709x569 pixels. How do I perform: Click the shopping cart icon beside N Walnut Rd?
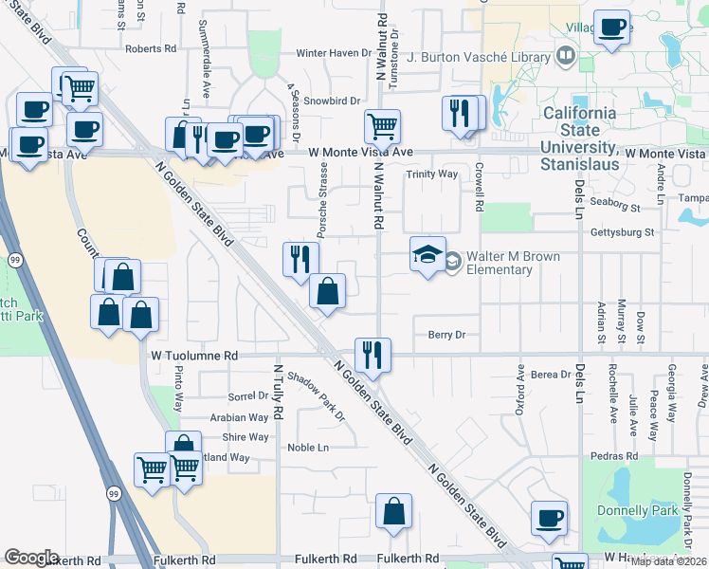(x=382, y=125)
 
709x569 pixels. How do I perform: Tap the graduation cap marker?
(x=427, y=253)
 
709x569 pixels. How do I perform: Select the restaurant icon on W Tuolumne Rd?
(x=373, y=355)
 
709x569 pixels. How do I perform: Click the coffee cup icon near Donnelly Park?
(x=549, y=518)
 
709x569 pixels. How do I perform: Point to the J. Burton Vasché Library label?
(x=479, y=57)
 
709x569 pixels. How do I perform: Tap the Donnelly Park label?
(x=638, y=510)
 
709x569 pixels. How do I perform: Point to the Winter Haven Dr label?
(x=332, y=53)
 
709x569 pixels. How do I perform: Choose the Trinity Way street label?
(x=432, y=174)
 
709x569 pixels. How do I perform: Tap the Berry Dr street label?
(x=446, y=335)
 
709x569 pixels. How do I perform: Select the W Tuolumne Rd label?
(x=193, y=356)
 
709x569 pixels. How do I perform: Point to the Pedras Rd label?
(x=630, y=455)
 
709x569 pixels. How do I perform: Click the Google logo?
(x=32, y=558)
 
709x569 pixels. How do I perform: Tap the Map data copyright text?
(x=668, y=561)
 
